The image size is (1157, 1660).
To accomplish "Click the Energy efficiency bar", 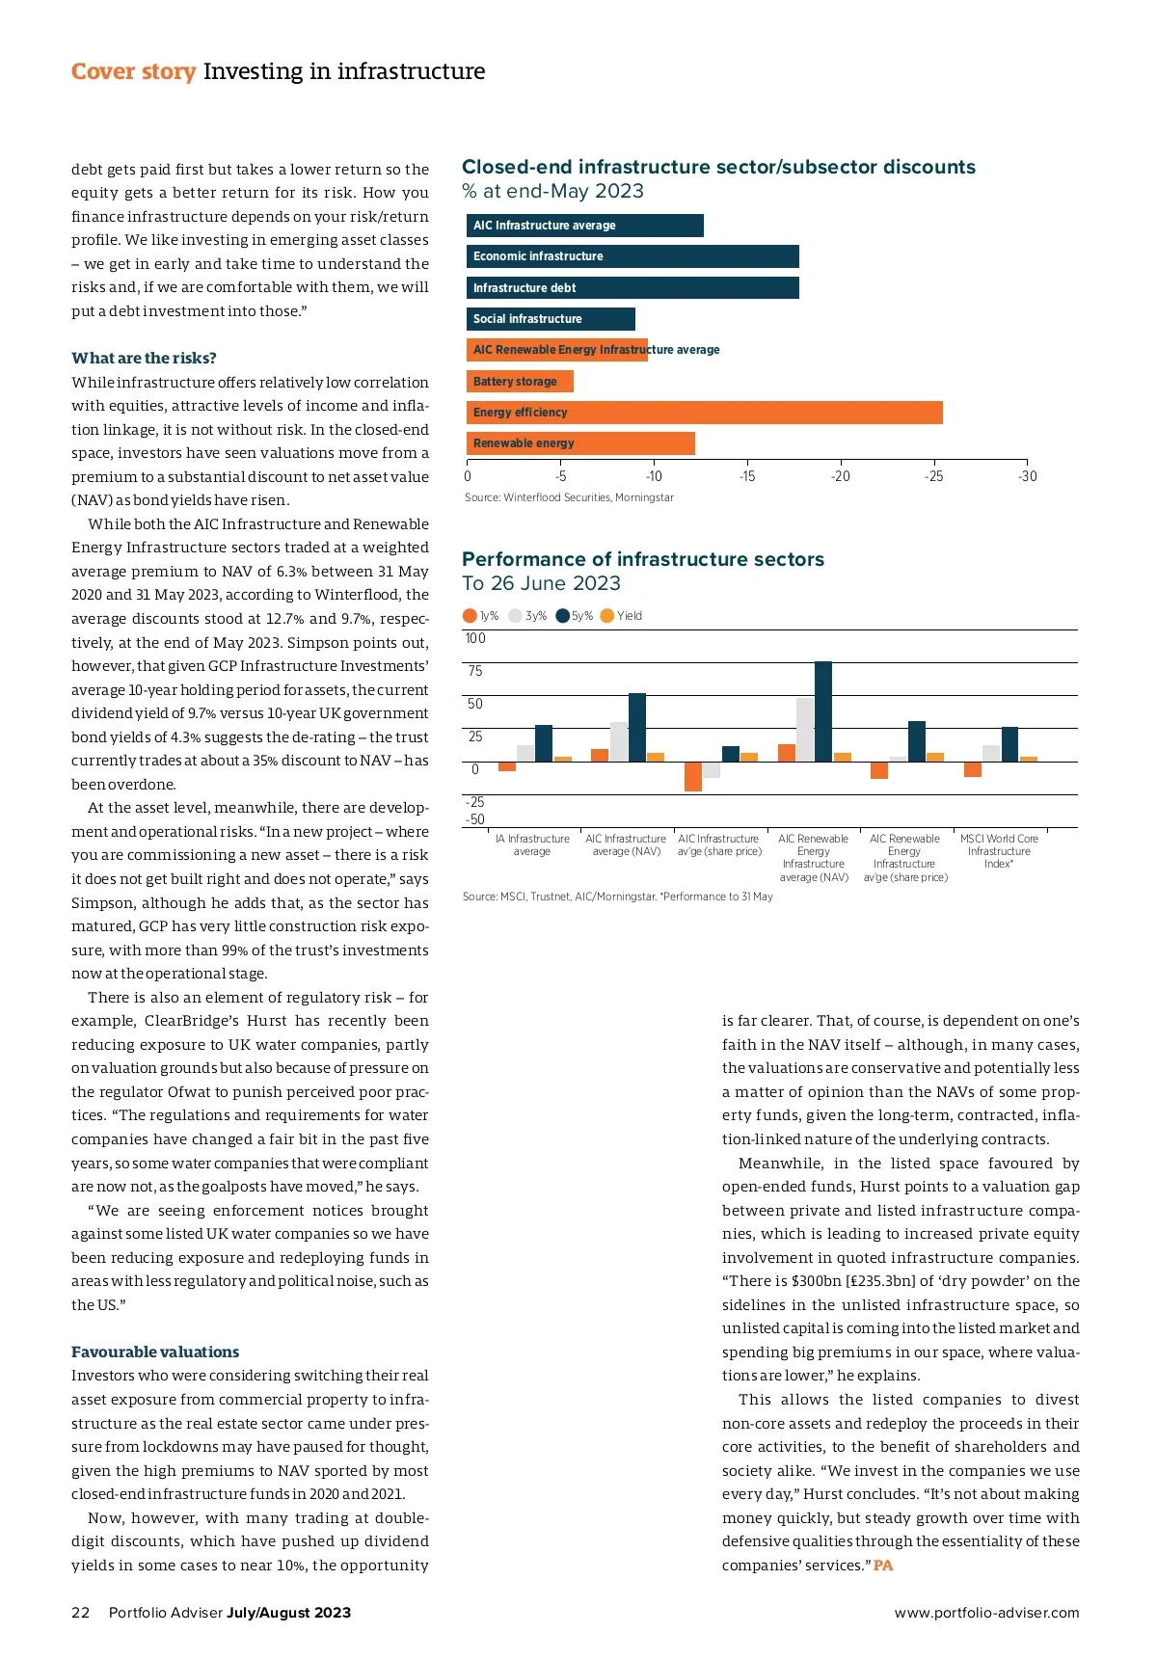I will (704, 413).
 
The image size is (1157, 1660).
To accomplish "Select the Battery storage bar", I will (520, 382).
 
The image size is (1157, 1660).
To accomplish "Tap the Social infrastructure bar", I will (551, 319).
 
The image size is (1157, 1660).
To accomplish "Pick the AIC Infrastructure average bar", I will (584, 226).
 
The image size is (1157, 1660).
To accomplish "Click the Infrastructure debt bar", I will (632, 288).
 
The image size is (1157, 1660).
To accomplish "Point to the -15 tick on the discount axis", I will (747, 476).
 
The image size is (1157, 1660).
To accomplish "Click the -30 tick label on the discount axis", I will (1027, 476).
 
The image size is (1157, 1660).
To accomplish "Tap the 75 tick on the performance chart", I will (475, 671).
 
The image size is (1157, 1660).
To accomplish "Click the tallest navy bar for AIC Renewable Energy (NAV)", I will (823, 711).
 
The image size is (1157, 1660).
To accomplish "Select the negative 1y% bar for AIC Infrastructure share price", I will (693, 776).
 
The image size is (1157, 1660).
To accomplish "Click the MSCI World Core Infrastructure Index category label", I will (999, 851).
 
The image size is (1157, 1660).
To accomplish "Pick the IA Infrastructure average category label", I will (532, 845).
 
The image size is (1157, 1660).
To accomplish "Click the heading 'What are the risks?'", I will (144, 359).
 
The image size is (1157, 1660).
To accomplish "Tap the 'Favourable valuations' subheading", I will (155, 1352).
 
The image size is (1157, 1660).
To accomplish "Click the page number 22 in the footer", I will (80, 1613).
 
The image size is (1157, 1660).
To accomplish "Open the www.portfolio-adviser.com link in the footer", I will (986, 1613).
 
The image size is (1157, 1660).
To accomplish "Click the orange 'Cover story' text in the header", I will (133, 72).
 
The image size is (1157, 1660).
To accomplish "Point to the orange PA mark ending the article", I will (883, 1566).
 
